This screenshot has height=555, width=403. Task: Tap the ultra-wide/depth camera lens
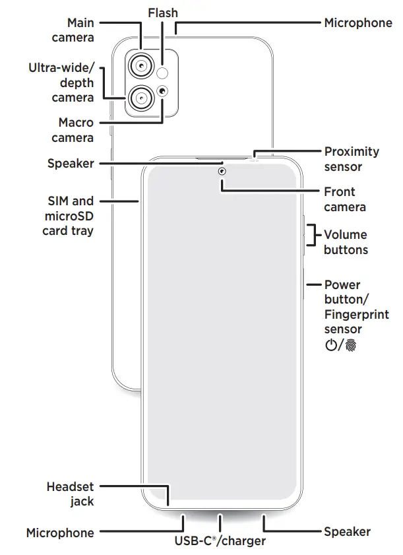pyautogui.click(x=141, y=99)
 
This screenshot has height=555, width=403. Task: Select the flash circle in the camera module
pyautogui.click(x=164, y=72)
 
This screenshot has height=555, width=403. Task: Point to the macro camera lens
pyautogui.click(x=163, y=91)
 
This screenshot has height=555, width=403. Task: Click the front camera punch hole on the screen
pyautogui.click(x=222, y=172)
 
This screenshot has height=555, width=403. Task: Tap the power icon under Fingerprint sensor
pyautogui.click(x=331, y=345)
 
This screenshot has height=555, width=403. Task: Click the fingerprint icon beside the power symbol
pyautogui.click(x=350, y=345)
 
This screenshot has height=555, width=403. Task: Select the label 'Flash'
pyautogui.click(x=163, y=13)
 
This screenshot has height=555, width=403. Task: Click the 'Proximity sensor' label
pyautogui.click(x=352, y=159)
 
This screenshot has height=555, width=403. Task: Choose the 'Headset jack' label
pyautogui.click(x=70, y=494)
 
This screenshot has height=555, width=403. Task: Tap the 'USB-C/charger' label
pyautogui.click(x=220, y=541)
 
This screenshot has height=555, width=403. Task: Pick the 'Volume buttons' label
pyautogui.click(x=346, y=242)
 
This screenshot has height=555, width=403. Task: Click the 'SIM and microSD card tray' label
pyautogui.click(x=68, y=216)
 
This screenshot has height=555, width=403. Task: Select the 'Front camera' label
pyautogui.click(x=344, y=199)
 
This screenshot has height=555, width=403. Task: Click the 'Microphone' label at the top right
pyautogui.click(x=358, y=23)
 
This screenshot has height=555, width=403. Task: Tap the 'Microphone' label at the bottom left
pyautogui.click(x=60, y=533)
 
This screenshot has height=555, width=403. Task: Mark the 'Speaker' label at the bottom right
pyautogui.click(x=347, y=531)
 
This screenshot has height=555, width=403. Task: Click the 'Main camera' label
pyautogui.click(x=73, y=30)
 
